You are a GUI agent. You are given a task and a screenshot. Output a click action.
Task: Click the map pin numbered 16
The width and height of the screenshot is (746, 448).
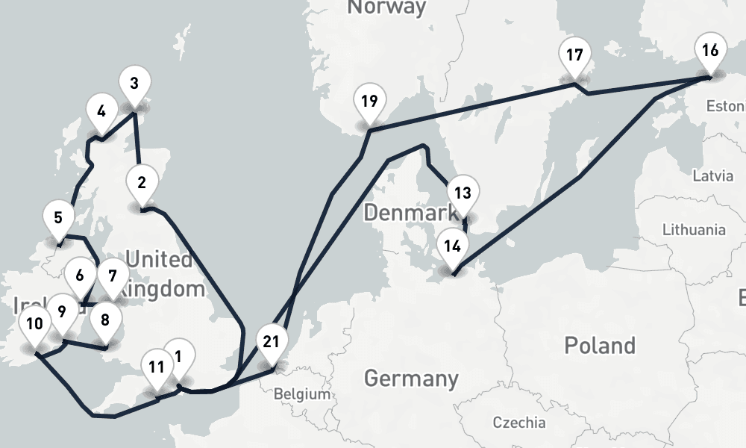710,52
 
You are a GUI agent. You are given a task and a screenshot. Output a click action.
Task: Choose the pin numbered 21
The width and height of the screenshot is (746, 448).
272,343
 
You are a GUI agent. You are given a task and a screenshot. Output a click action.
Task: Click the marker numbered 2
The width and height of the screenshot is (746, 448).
141,182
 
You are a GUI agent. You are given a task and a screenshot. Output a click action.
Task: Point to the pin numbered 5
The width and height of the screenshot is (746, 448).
58,220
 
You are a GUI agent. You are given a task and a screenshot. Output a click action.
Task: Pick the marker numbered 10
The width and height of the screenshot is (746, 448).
34,326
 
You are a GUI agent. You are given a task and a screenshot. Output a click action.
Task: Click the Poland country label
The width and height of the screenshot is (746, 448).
599,346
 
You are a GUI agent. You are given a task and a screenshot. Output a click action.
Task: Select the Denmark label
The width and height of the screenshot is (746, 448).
404,214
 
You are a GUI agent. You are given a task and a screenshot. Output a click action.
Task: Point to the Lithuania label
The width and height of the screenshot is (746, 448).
694,229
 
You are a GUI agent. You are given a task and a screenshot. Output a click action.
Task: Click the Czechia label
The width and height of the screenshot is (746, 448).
518,423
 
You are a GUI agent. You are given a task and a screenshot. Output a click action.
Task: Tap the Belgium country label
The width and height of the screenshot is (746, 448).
301,393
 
